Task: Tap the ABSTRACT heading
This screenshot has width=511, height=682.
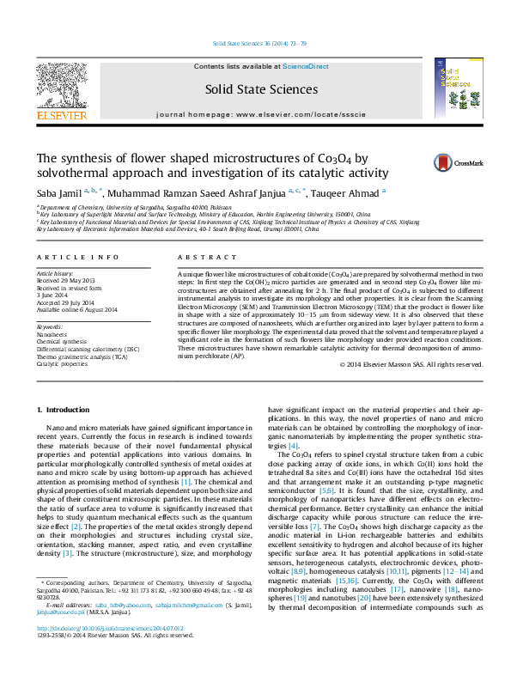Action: pyautogui.click(x=200, y=258)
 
